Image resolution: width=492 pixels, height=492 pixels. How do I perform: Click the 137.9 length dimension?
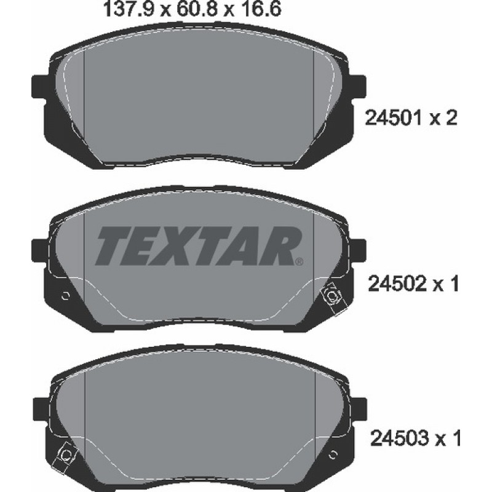point(129,9)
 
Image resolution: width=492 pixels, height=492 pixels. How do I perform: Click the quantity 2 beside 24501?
point(450,118)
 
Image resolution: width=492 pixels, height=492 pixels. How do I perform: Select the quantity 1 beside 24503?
point(455,438)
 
